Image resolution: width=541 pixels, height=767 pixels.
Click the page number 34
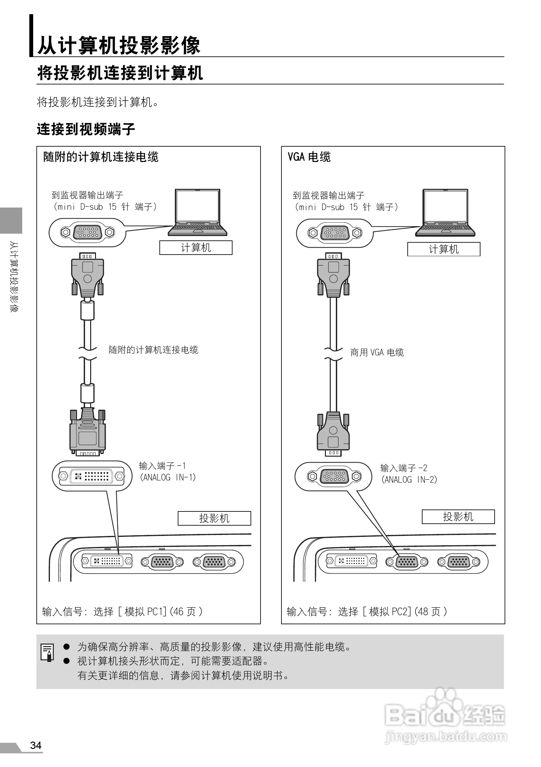(x=36, y=745)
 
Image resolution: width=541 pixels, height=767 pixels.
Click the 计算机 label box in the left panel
(x=195, y=248)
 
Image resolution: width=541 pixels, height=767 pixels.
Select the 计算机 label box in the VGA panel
(x=443, y=249)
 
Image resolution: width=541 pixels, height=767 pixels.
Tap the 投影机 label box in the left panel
(x=214, y=518)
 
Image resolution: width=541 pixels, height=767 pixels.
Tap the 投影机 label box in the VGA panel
(x=458, y=517)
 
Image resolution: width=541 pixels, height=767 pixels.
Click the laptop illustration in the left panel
(x=198, y=212)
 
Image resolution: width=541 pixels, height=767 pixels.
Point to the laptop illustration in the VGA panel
(x=445, y=212)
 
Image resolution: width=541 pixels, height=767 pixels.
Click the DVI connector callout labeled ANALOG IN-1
(x=92, y=476)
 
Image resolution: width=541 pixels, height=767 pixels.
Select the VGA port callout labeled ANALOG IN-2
(x=333, y=476)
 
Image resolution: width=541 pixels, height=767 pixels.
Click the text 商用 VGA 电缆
(x=377, y=353)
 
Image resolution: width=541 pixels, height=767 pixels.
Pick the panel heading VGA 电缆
(x=309, y=157)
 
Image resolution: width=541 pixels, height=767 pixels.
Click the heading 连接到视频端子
(x=86, y=129)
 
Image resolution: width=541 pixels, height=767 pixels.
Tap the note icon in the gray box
(x=47, y=652)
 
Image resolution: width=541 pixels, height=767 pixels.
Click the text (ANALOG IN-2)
(x=409, y=480)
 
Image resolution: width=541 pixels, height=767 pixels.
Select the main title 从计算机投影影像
(x=119, y=45)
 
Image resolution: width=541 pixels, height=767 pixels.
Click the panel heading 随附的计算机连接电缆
(x=101, y=157)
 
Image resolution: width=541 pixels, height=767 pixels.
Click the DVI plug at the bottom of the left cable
(x=88, y=433)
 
